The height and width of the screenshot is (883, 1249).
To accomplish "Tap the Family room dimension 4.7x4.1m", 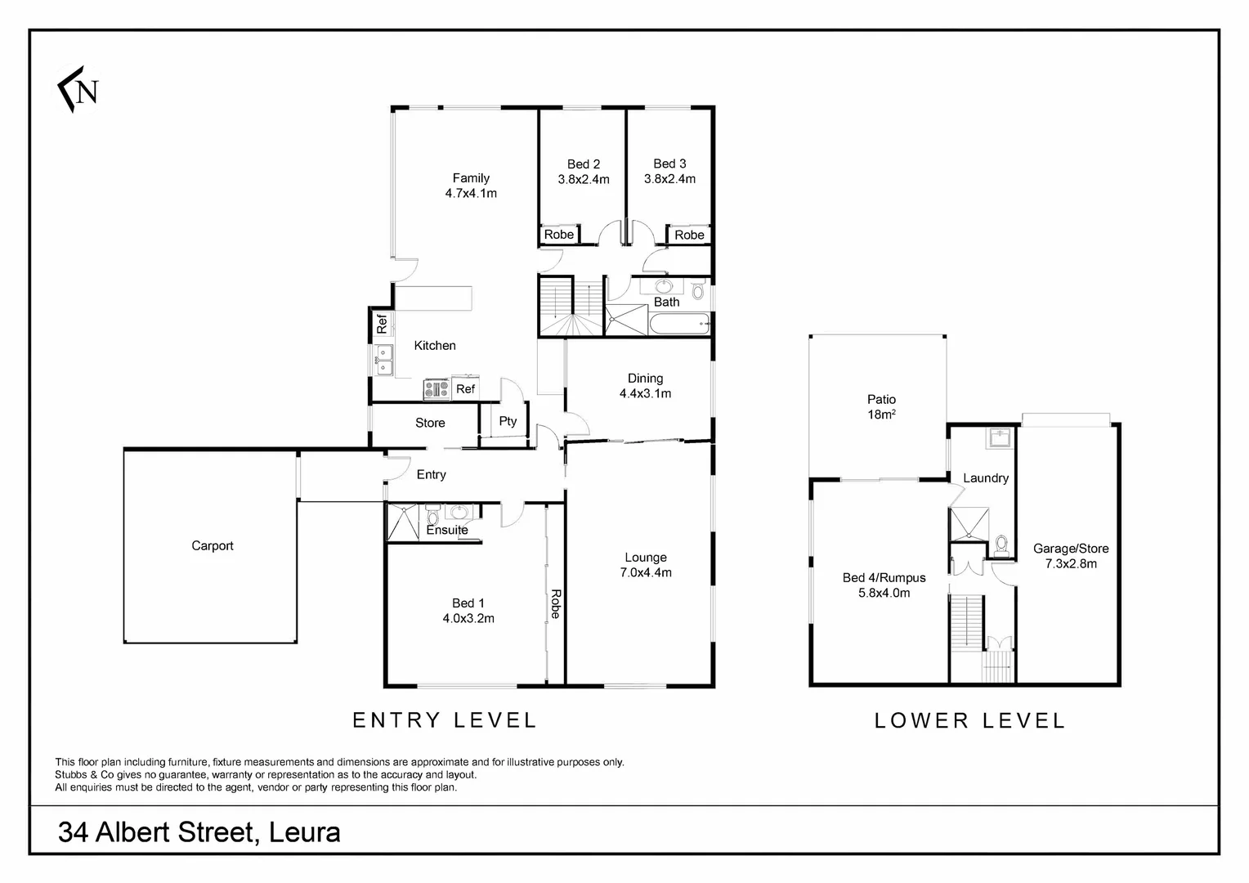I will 471,194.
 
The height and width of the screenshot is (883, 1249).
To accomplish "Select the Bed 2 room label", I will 584,164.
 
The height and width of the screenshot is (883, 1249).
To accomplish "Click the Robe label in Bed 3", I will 689,235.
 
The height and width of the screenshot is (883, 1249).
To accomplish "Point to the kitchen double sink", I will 383,359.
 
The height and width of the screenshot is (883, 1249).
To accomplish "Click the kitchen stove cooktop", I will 436,389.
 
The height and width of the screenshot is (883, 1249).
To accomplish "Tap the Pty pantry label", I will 508,422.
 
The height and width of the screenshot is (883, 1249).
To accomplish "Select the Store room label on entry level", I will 430,423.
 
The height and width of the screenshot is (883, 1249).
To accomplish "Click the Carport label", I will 213,546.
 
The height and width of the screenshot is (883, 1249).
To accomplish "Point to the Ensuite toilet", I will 433,517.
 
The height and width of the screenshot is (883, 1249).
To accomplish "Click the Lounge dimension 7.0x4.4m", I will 646,572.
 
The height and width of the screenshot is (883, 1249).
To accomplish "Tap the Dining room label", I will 645,379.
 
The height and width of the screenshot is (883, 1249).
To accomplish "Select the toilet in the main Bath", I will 698,290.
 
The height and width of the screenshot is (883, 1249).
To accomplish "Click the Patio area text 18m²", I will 880,415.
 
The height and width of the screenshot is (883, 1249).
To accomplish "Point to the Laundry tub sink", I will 998,438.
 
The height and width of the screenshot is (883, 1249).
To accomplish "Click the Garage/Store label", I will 1071,549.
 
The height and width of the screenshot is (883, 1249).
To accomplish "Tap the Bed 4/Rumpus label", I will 884,578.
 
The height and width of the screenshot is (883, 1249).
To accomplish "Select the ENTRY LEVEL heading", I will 444,720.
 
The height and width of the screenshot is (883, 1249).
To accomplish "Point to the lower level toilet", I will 1001,544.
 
